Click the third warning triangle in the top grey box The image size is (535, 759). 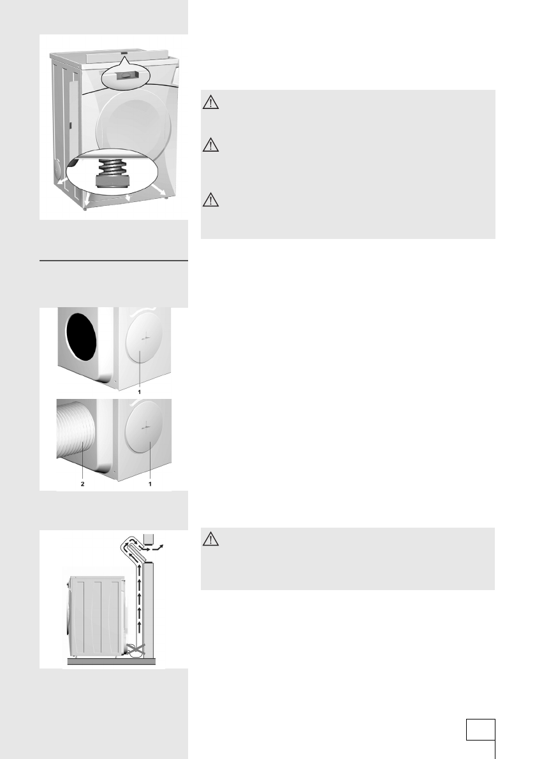[211, 201]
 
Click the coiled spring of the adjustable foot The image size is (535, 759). [112, 170]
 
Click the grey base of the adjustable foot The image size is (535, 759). [112, 182]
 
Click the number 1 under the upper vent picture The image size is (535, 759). [140, 393]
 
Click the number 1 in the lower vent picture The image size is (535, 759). [150, 484]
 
